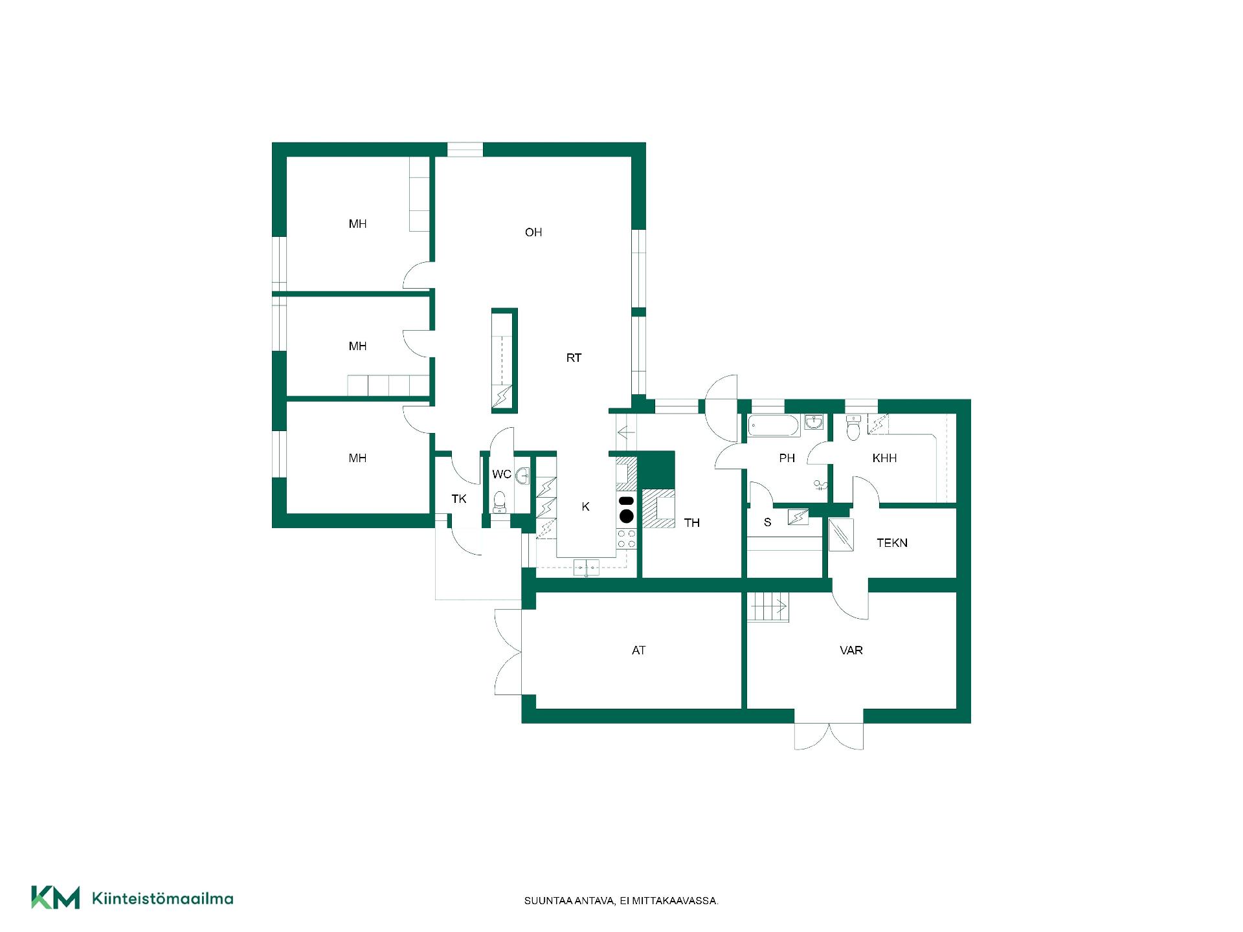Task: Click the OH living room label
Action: [533, 232]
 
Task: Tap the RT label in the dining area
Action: [574, 358]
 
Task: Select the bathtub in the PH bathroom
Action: [773, 426]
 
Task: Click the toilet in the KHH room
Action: [853, 428]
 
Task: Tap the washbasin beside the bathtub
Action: [814, 423]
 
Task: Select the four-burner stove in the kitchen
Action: [627, 539]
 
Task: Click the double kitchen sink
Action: [586, 568]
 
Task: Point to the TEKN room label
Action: [892, 543]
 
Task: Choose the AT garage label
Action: [638, 650]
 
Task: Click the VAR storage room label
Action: [851, 650]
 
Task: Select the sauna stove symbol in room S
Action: [798, 517]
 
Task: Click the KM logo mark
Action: [56, 898]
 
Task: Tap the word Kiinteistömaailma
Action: [162, 898]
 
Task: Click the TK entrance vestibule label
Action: [459, 499]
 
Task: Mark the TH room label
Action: [691, 523]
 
